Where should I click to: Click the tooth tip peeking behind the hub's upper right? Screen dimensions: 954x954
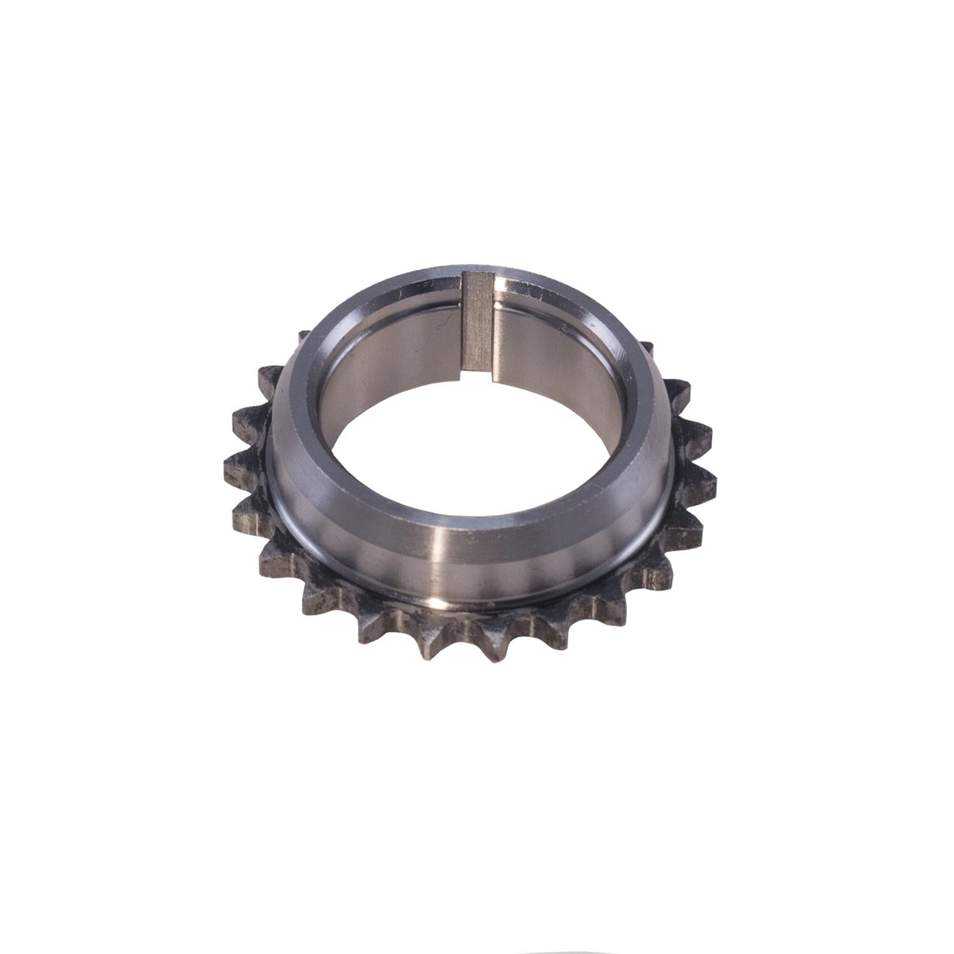(647, 347)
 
